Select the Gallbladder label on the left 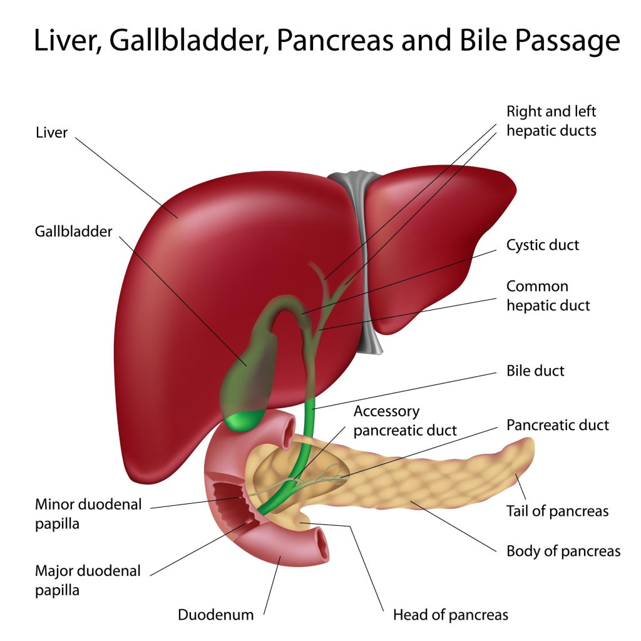point(73,231)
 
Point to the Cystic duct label point(543,244)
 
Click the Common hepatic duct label point(548,295)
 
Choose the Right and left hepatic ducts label point(551,121)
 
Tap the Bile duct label point(535,371)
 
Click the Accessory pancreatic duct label point(404,421)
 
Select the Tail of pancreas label point(557,511)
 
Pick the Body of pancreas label point(563,551)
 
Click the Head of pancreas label point(450,614)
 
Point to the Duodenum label point(216,614)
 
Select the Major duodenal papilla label point(88,580)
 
